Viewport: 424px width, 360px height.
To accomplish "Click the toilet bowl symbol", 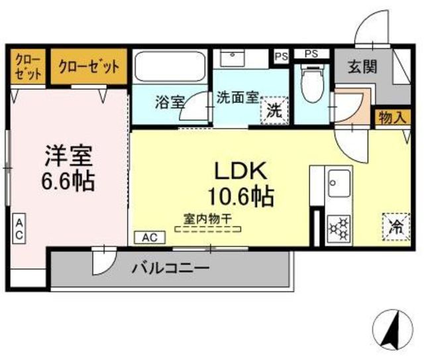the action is [x=312, y=84].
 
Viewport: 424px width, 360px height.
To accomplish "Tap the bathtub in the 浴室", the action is [x=170, y=66].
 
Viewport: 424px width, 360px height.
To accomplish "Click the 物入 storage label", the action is [x=393, y=118].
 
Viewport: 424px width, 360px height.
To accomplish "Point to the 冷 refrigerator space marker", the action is [x=396, y=227].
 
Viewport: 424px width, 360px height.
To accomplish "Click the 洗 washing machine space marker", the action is [x=274, y=111].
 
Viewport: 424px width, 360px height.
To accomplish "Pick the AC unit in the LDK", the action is [x=150, y=237].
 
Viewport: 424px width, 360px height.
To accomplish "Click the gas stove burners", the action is [x=339, y=229].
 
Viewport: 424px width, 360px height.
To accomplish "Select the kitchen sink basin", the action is [x=339, y=184].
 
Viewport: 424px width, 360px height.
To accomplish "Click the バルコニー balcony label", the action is [x=171, y=269].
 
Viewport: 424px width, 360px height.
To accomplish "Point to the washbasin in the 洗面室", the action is [x=233, y=58].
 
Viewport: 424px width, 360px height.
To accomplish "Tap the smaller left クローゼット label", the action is [x=28, y=66].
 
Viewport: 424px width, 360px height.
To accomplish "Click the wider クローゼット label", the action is [x=89, y=66].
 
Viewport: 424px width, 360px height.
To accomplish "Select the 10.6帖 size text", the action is [x=240, y=196].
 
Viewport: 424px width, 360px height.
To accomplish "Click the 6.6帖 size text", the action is [x=68, y=181].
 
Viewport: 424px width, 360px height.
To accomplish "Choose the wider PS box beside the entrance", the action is [x=311, y=54].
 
